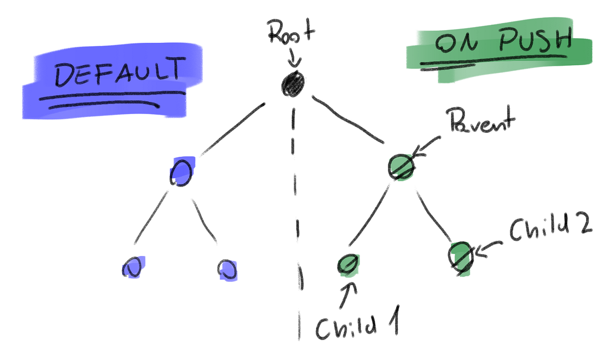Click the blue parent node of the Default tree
coord(181,172)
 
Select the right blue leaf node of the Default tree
coord(227,269)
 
